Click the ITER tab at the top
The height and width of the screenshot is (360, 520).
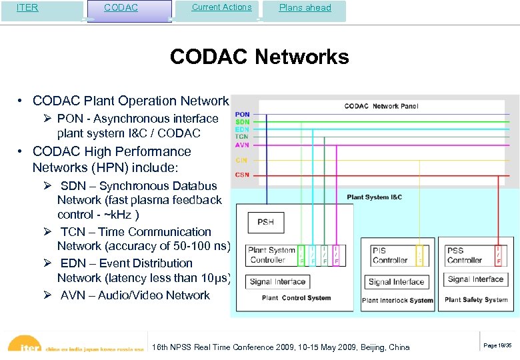[x=27, y=8]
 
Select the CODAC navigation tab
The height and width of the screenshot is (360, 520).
[x=121, y=8]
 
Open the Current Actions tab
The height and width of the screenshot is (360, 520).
[x=221, y=7]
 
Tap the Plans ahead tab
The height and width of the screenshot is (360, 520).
[x=304, y=8]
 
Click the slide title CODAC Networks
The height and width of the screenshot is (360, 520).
[x=259, y=57]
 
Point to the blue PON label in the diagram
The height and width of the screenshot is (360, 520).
[x=243, y=115]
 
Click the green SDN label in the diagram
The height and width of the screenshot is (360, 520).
[x=243, y=122]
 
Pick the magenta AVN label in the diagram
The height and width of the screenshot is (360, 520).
[x=243, y=144]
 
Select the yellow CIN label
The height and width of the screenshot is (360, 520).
[x=241, y=160]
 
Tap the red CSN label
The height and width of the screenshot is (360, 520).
[x=242, y=175]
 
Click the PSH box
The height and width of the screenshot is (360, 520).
[x=265, y=222]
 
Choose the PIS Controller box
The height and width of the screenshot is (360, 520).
[x=390, y=255]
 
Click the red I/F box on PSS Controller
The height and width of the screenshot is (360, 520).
[x=499, y=255]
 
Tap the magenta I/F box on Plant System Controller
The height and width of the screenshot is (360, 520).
[x=337, y=255]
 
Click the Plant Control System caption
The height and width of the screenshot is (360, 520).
[x=296, y=298]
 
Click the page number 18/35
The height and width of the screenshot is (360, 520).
[x=497, y=345]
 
